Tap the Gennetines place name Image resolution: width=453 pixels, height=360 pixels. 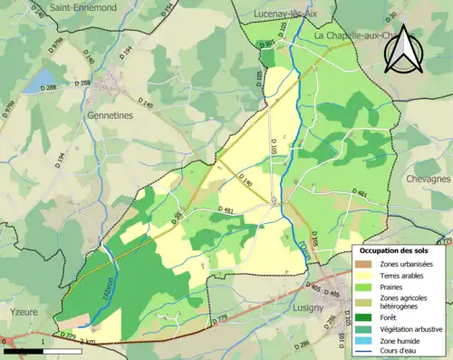tap(110, 93)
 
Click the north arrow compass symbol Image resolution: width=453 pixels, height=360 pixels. tap(403, 50)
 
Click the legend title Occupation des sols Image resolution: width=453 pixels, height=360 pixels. tap(394, 250)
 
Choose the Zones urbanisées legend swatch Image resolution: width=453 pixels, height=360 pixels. tap(367, 263)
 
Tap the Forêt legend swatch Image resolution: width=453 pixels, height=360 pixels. tap(367, 318)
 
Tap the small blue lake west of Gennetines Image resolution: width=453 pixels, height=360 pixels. tap(34, 83)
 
